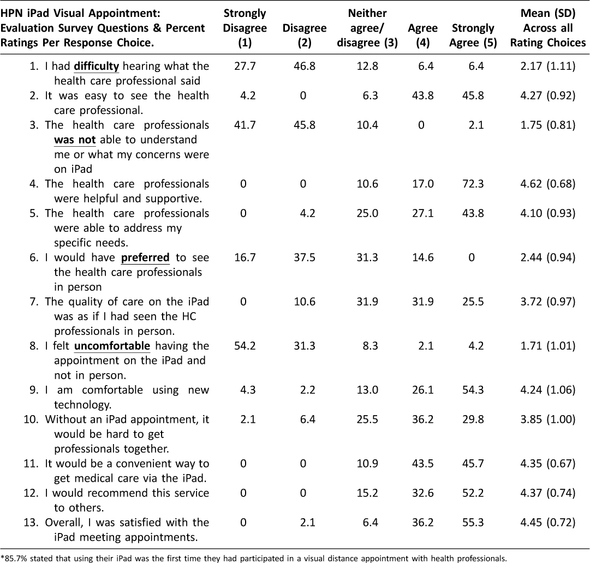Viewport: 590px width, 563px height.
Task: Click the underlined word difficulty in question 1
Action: pyautogui.click(x=96, y=66)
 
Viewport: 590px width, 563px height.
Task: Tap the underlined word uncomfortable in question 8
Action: pyautogui.click(x=112, y=346)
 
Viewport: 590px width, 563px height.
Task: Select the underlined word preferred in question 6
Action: pyautogui.click(x=145, y=257)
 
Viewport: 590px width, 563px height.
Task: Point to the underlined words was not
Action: pyautogui.click(x=75, y=140)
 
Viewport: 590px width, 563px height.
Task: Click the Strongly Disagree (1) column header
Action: pyautogui.click(x=245, y=28)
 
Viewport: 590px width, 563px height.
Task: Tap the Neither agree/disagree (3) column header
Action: pyautogui.click(x=367, y=28)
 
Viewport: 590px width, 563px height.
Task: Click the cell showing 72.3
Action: pyautogui.click(x=473, y=184)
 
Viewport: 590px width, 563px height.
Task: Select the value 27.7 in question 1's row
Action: pyautogui.click(x=245, y=66)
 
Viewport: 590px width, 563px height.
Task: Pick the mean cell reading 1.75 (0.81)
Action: pyautogui.click(x=548, y=125)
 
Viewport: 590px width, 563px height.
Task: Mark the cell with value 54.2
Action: pyautogui.click(x=245, y=346)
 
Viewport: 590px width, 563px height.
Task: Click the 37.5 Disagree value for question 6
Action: pyautogui.click(x=305, y=257)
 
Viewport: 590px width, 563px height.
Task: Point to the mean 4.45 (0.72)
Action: pyautogui.click(x=548, y=523)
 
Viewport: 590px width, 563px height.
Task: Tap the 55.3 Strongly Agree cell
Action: pyautogui.click(x=473, y=523)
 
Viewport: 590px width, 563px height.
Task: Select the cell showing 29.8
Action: pyautogui.click(x=473, y=420)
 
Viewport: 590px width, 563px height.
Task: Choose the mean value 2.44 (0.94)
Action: pyautogui.click(x=548, y=257)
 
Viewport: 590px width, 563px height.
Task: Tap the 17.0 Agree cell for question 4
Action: pyautogui.click(x=423, y=184)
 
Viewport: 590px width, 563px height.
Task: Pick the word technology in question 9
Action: pyautogui.click(x=83, y=405)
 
